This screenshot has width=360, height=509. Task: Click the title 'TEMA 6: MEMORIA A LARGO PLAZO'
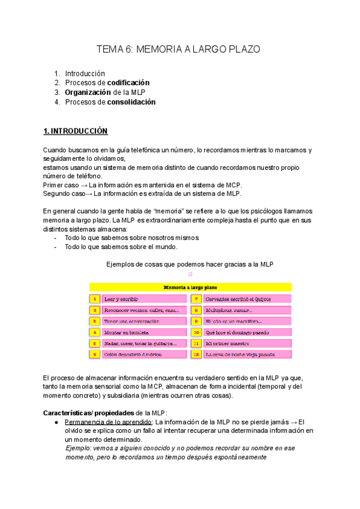tap(179, 50)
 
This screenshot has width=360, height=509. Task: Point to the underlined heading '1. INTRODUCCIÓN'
tap(75, 131)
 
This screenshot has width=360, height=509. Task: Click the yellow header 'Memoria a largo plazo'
tap(190, 288)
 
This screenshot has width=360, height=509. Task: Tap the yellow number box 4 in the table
tap(95, 332)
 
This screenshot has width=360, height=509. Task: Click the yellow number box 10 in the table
tap(196, 332)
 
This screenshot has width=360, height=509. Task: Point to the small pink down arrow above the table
tap(190, 274)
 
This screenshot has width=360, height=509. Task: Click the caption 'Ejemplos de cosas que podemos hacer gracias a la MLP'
tap(190, 265)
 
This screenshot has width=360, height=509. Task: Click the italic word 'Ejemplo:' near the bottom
tap(79, 448)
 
